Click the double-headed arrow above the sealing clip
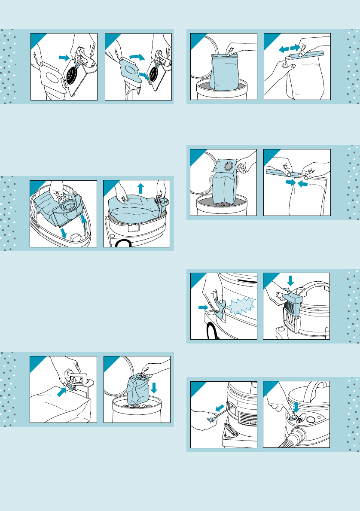pos(289,49)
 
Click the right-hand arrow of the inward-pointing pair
pos(302,184)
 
